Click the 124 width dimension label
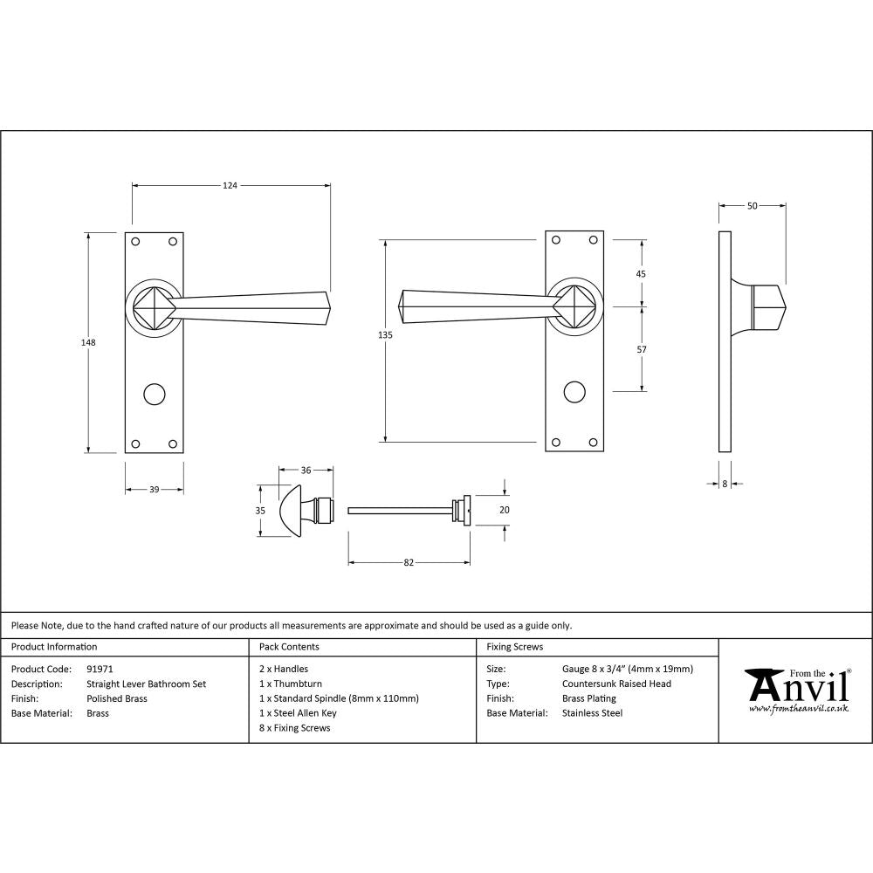pos(230,185)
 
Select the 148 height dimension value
pos(87,342)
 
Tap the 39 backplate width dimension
pos(154,490)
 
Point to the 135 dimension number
pos(386,335)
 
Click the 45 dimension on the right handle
pos(641,273)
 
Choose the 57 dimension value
pos(641,349)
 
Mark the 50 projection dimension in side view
pos(752,206)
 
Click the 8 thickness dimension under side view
pos(725,483)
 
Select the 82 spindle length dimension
pos(409,562)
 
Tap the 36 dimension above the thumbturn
pos(306,471)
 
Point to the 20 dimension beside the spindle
pos(504,510)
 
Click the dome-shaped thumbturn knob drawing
pos(293,510)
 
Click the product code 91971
pos(100,670)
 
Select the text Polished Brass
pos(117,698)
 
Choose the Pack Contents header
pos(289,647)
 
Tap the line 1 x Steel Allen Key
pos(298,713)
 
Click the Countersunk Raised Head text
pos(616,684)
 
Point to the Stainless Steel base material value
pos(592,713)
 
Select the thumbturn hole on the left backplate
pos(155,393)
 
